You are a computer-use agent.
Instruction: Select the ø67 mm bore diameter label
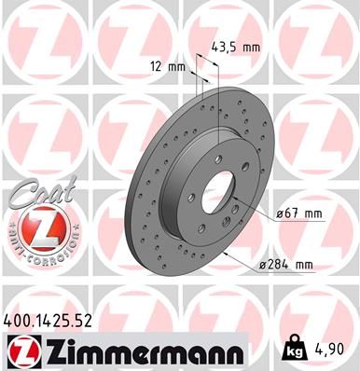click(299, 214)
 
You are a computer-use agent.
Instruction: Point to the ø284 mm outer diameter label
click(291, 265)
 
